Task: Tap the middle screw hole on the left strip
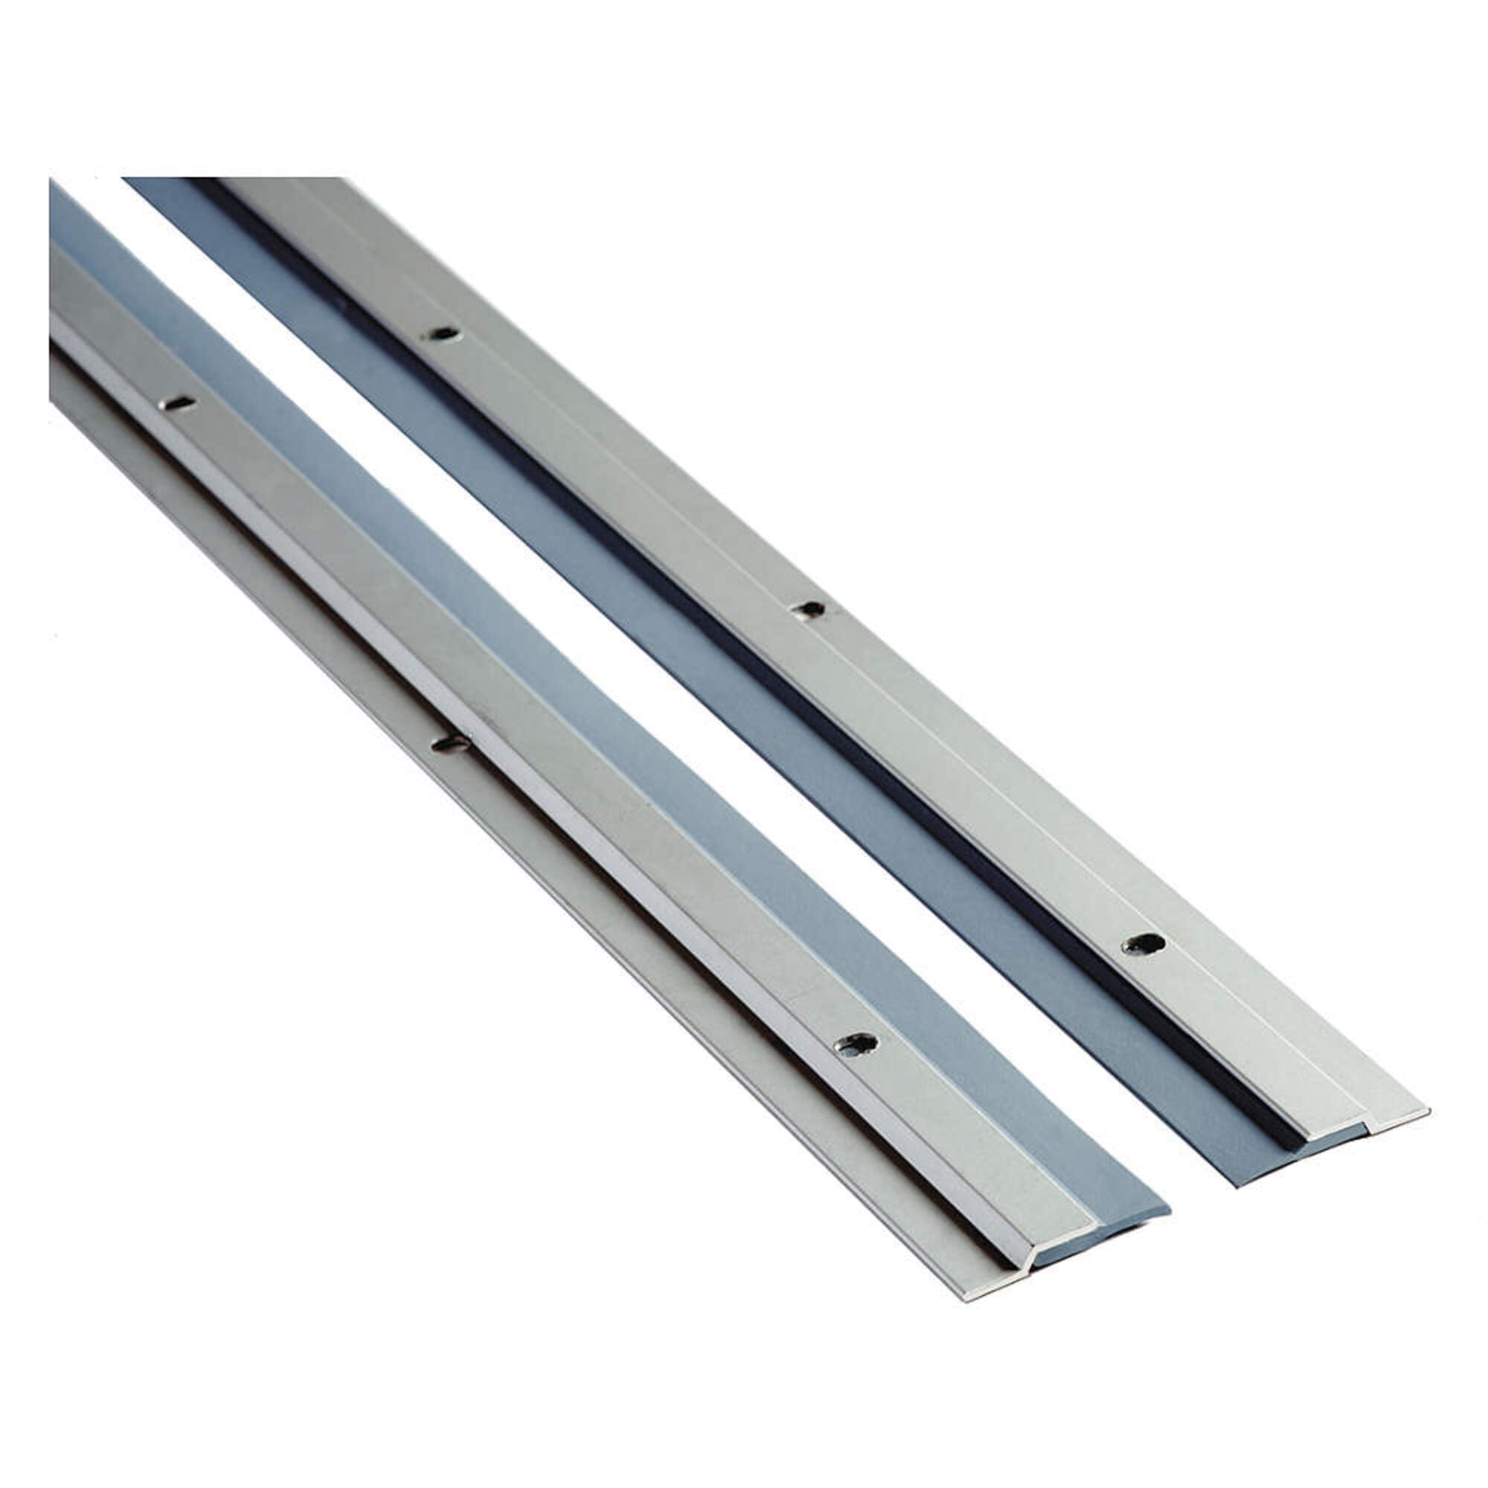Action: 452,743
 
